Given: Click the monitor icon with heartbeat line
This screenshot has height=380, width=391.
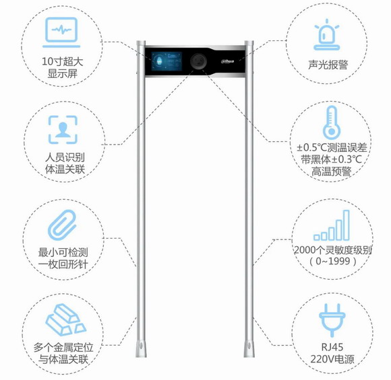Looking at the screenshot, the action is tap(61, 32).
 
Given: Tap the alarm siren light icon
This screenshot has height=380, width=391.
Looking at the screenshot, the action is tap(327, 35).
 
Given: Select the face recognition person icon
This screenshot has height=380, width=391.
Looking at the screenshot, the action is tap(63, 129).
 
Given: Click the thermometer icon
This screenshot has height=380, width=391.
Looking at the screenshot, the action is tap(332, 122).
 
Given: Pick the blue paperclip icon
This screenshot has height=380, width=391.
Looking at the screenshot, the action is tap(62, 225).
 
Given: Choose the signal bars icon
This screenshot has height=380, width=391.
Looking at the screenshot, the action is tap(332, 225).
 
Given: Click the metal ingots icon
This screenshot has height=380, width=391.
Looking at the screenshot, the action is tap(65, 319).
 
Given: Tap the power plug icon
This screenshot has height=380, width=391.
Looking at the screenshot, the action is tap(332, 320).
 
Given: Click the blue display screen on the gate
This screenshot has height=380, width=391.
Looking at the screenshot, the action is tap(167, 61).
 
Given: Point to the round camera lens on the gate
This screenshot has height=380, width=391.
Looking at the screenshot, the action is tap(198, 61).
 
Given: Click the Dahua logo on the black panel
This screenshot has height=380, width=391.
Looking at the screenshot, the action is tap(227, 61).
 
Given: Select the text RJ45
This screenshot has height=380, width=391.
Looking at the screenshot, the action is tap(332, 347).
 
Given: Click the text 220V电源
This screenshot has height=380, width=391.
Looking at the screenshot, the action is tap(332, 359).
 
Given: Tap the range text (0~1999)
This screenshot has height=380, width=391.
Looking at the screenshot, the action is tap(333, 262).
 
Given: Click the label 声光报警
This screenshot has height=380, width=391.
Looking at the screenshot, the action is tap(328, 65).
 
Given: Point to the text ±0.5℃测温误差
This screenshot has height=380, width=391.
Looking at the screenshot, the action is tap(332, 147).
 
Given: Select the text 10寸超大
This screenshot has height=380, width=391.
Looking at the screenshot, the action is tap(62, 61).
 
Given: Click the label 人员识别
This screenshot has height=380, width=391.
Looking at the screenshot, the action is tap(65, 157).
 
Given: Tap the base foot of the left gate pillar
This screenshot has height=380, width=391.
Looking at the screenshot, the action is tap(141, 347).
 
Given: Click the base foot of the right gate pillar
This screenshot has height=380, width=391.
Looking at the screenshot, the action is tap(249, 347).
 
